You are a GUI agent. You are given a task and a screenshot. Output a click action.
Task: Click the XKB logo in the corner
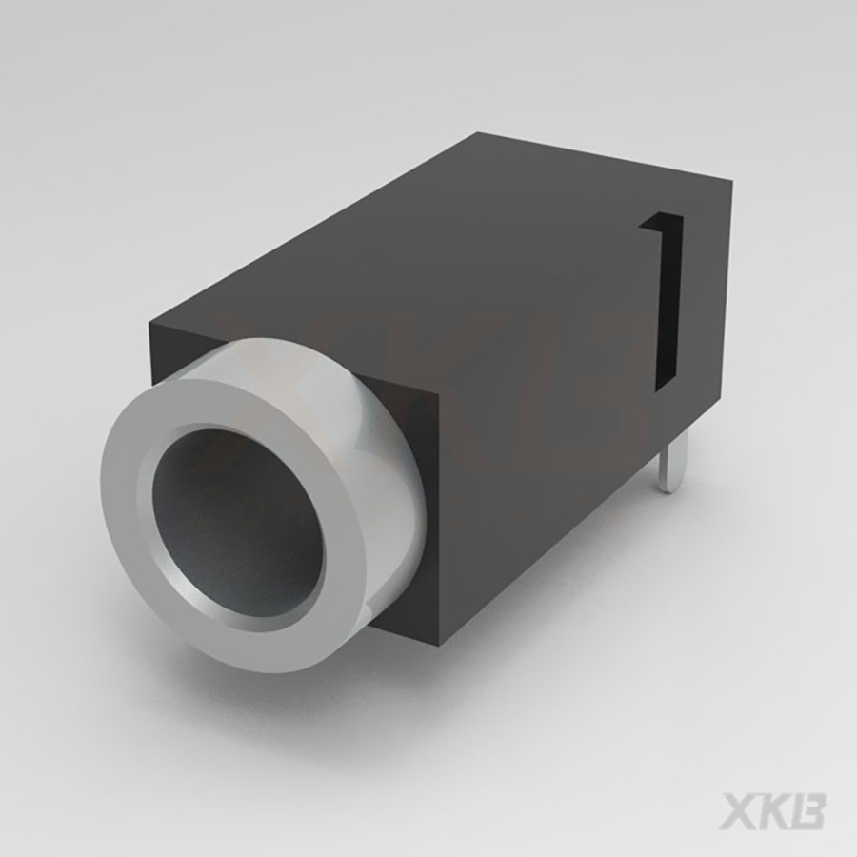tap(771, 810)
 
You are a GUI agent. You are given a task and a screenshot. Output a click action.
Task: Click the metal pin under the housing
tap(672, 462)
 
